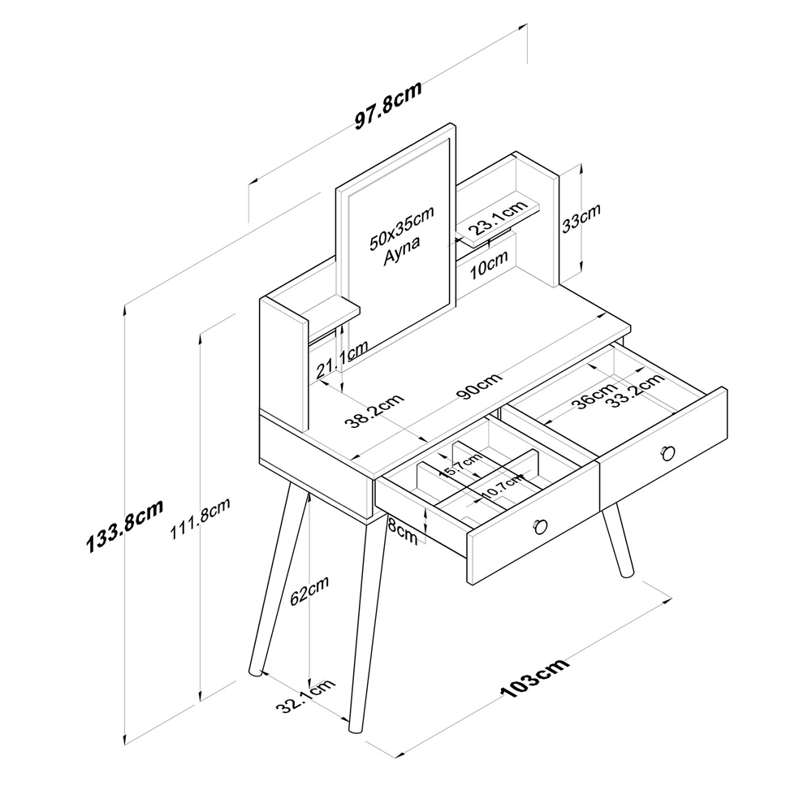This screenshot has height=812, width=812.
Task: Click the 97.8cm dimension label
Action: click(x=388, y=106)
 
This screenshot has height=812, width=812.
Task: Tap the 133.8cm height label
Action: click(x=125, y=526)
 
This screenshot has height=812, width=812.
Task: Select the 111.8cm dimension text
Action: click(x=201, y=519)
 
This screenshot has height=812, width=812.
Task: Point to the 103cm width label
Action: click(x=535, y=678)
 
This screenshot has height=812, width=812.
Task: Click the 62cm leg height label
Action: click(x=309, y=590)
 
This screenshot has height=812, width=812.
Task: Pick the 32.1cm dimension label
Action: click(x=305, y=696)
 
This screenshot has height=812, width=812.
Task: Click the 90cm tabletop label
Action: click(x=480, y=386)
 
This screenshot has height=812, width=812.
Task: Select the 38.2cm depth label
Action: click(x=374, y=412)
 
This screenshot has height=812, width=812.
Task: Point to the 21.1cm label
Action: click(x=343, y=359)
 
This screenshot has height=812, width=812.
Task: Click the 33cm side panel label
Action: click(x=581, y=218)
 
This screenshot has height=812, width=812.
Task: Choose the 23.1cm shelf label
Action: click(x=499, y=218)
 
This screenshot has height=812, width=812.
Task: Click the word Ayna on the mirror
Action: click(x=401, y=251)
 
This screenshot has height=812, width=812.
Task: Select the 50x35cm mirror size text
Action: click(x=401, y=228)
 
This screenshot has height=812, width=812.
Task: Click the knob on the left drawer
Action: click(x=540, y=527)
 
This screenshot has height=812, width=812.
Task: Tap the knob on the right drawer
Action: click(x=668, y=453)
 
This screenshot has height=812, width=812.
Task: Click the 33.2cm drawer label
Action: click(x=636, y=390)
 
